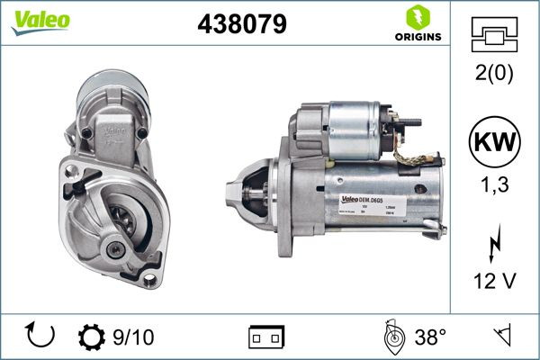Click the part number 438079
(241, 24)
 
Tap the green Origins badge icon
(417, 16)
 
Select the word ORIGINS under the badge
(417, 37)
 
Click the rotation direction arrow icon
(41, 337)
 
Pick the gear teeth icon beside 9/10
(92, 337)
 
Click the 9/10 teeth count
(133, 337)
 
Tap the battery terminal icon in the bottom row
(266, 337)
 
